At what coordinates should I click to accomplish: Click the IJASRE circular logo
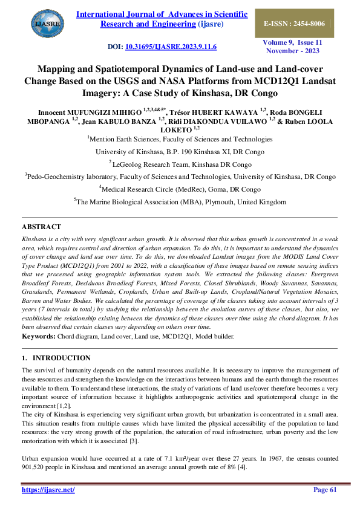(x=46, y=24)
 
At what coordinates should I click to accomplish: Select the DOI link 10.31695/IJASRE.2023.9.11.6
(x=171, y=47)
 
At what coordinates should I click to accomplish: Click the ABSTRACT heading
(x=41, y=227)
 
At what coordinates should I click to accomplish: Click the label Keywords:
(x=39, y=336)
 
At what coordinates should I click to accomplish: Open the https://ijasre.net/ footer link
(x=48, y=490)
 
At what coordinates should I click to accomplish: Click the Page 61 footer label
(x=324, y=490)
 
